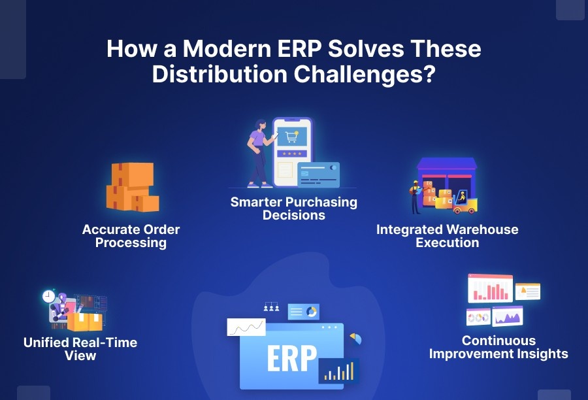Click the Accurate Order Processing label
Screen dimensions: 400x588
[131, 236]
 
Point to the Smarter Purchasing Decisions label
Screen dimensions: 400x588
[294, 208]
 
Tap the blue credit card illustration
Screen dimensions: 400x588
[318, 174]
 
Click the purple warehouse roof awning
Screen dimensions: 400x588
[447, 165]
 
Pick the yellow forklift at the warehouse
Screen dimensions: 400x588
[465, 203]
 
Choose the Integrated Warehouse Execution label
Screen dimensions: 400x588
[447, 236]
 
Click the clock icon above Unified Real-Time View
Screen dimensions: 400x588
[48, 297]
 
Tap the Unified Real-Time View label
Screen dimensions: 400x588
[80, 349]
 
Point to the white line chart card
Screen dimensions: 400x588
[246, 327]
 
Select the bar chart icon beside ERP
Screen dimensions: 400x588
[338, 371]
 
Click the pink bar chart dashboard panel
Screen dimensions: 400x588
[490, 288]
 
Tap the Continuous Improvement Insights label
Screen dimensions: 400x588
[498, 347]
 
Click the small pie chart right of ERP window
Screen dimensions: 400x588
[356, 339]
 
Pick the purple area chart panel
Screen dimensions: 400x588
[507, 316]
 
